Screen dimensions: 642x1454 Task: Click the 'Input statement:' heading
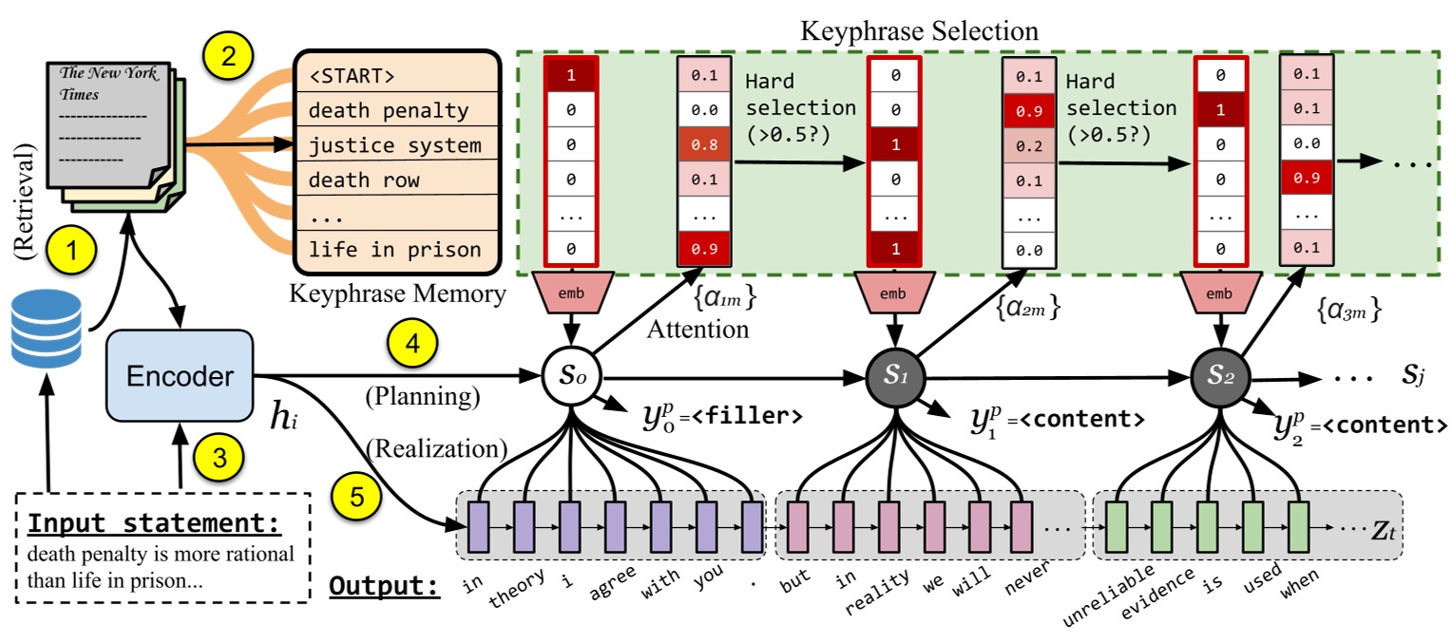[x=153, y=524]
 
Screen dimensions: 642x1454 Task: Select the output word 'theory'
[x=512, y=588]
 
